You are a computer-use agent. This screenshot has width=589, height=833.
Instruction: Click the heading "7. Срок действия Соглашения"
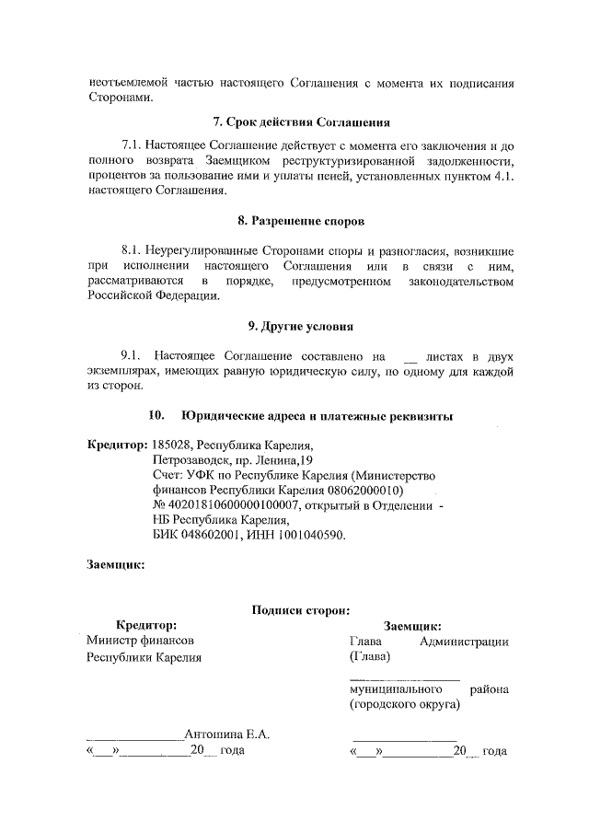300,121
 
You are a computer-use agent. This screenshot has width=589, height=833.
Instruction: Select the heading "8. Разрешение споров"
300,222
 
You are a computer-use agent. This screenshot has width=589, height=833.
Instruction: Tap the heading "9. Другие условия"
300,326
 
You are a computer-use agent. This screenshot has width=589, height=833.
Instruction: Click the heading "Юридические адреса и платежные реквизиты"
317,416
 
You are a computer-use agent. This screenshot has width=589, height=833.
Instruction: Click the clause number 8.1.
135,250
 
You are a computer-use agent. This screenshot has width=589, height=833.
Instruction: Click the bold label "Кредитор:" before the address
117,445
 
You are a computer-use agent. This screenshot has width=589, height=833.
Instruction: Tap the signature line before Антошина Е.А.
134,736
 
